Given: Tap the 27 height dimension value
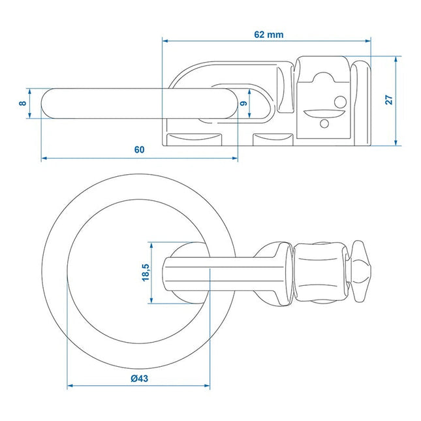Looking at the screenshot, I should [389, 100].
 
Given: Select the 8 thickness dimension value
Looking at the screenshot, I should [23, 103].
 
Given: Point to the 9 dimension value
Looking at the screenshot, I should [243, 103].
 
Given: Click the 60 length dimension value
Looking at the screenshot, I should [139, 149].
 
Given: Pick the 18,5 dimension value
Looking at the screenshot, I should [144, 272].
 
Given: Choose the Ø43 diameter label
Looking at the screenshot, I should [139, 379].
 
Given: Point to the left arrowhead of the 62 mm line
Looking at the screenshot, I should [165, 40].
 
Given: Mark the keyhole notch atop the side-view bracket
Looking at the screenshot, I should [325, 78].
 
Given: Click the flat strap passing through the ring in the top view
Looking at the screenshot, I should [215, 272].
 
